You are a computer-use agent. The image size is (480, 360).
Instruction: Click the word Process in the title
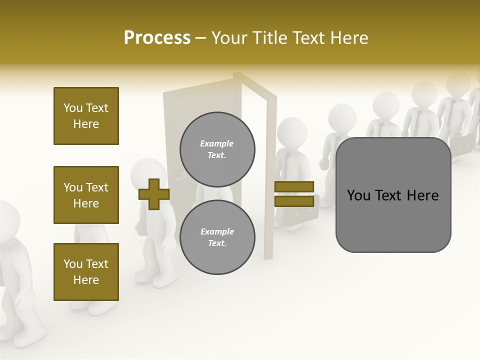pyautogui.click(x=157, y=38)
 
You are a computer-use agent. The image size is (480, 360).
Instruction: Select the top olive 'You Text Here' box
pyautogui.click(x=86, y=116)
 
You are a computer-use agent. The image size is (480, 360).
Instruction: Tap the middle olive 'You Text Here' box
pyautogui.click(x=86, y=195)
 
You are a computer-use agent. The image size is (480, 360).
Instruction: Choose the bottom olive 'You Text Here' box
pyautogui.click(x=86, y=272)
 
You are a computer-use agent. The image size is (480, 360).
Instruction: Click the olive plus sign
pyautogui.click(x=154, y=194)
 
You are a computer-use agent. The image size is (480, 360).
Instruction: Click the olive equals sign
pyautogui.click(x=294, y=194)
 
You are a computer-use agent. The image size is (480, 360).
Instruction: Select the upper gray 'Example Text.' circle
pyautogui.click(x=217, y=149)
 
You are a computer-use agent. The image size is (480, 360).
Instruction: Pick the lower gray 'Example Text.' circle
pyautogui.click(x=217, y=237)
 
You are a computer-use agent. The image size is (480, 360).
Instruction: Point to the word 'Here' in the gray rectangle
pyautogui.click(x=422, y=195)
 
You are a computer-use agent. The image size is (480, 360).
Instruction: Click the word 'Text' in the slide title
pyautogui.click(x=309, y=38)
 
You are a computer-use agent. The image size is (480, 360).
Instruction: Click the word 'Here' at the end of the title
pyautogui.click(x=349, y=38)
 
